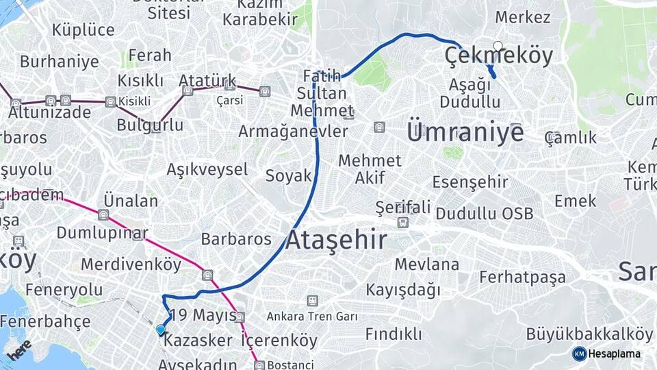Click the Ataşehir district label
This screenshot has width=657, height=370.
point(336,241)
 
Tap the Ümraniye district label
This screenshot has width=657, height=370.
point(465,132)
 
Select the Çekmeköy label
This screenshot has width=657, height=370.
point(499,56)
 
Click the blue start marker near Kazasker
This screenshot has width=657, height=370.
point(161,330)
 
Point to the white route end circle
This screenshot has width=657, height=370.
point(498,47)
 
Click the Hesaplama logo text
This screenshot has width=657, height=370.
point(615,354)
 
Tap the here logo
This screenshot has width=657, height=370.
point(19,349)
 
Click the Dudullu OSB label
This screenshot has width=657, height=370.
point(485,213)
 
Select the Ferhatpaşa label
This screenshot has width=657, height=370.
point(523,277)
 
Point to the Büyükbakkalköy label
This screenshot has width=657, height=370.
point(589,334)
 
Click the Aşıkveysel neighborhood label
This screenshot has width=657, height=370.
point(207,169)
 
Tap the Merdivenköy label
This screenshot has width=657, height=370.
point(131,264)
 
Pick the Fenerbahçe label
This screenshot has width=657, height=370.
point(45,321)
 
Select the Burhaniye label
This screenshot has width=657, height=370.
point(59,62)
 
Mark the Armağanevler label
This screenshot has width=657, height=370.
point(293,131)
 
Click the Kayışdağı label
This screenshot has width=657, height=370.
point(403,290)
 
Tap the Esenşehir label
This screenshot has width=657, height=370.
point(470,182)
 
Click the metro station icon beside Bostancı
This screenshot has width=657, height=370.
point(259,365)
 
